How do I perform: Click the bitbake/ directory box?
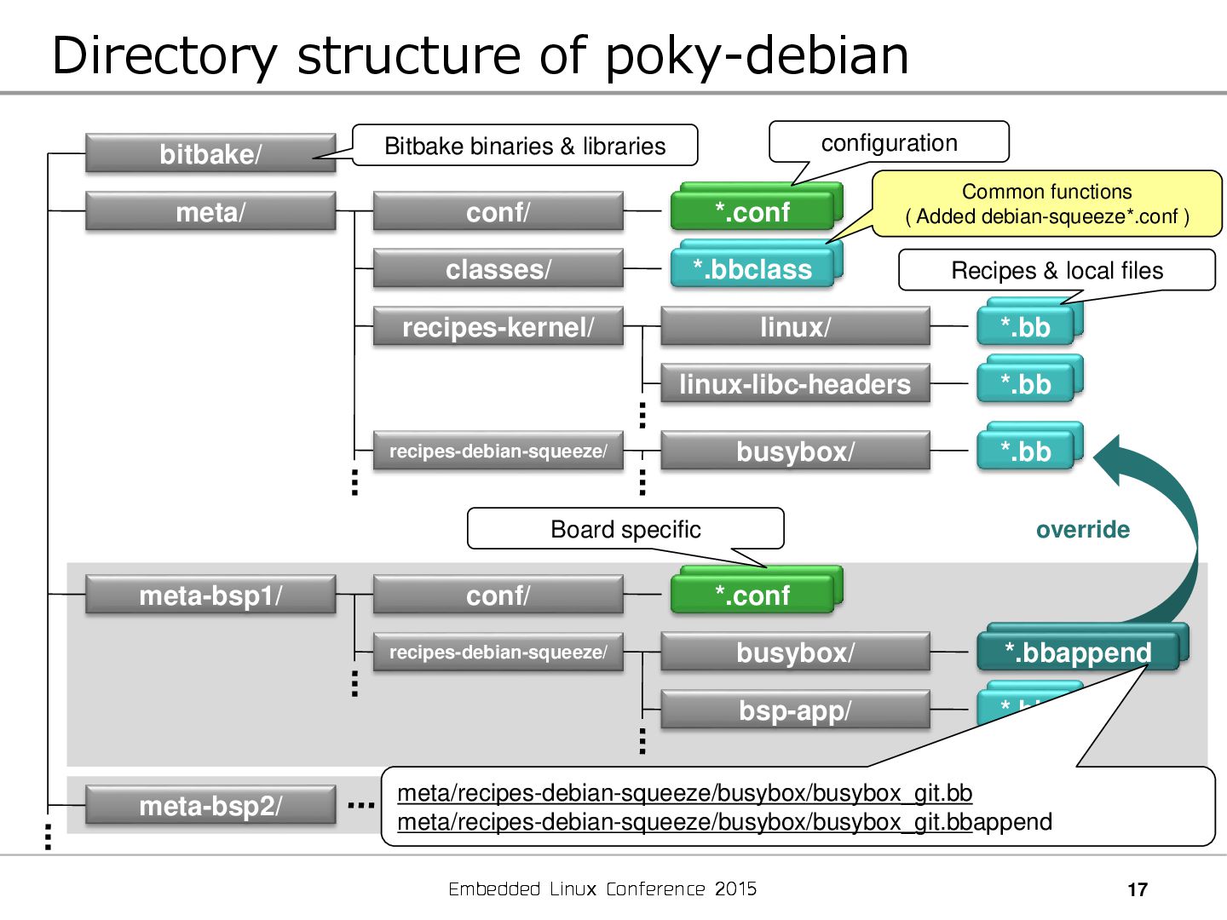(x=210, y=154)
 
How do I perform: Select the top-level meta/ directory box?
(x=210, y=212)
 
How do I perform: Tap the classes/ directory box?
(x=498, y=269)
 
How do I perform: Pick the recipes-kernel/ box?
(x=498, y=327)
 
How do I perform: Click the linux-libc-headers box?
(x=794, y=384)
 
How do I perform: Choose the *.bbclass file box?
(x=752, y=269)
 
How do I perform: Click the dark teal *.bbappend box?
(x=1078, y=653)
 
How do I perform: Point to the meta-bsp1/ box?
(x=210, y=595)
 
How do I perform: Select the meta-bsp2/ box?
(x=210, y=806)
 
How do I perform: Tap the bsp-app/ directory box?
(x=794, y=710)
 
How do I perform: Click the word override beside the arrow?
(x=1083, y=530)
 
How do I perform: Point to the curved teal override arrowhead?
(x=1113, y=460)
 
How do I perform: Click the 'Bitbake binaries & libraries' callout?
(x=525, y=146)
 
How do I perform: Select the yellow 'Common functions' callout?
(x=1047, y=204)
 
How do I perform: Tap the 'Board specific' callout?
(x=625, y=529)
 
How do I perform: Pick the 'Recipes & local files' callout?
(x=1057, y=270)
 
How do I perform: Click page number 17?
(x=1138, y=890)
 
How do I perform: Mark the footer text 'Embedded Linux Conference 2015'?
(x=602, y=889)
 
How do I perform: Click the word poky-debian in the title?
(x=757, y=56)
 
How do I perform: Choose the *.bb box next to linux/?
(x=1025, y=327)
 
